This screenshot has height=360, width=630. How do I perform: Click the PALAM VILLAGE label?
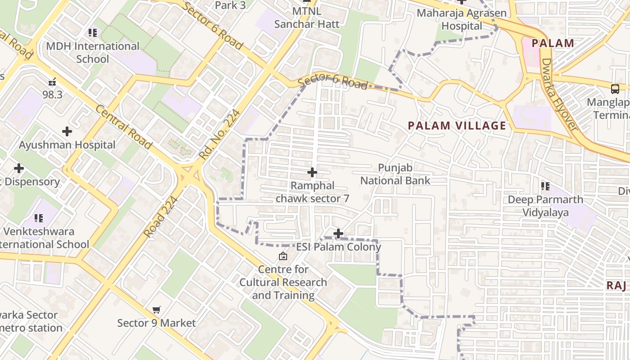click(x=457, y=126)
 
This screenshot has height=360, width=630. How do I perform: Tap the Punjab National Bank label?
click(x=395, y=174)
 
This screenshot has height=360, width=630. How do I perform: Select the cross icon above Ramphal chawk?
click(x=312, y=172)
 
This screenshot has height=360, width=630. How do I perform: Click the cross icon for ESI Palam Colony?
click(x=338, y=234)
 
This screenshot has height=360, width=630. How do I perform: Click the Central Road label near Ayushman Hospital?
click(x=123, y=127)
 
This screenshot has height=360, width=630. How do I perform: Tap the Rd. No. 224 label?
click(x=220, y=135)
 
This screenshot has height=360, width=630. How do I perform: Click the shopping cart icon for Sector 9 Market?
click(x=156, y=310)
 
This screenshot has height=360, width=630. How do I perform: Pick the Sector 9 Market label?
click(x=156, y=323)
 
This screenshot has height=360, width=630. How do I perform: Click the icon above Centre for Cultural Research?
click(x=283, y=256)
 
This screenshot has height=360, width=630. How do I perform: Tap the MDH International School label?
click(x=93, y=53)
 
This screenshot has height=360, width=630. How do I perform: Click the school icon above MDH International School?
click(x=93, y=32)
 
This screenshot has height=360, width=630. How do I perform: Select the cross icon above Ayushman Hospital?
click(x=67, y=131)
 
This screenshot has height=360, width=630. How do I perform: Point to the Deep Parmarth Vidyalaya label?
click(x=545, y=206)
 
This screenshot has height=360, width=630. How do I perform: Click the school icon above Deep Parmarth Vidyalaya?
click(x=545, y=186)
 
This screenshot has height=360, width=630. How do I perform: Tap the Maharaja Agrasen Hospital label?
click(x=462, y=19)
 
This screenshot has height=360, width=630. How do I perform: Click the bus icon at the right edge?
click(x=615, y=89)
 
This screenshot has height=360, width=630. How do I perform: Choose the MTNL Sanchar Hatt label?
click(x=307, y=17)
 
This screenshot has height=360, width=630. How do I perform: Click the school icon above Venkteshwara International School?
click(x=39, y=218)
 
